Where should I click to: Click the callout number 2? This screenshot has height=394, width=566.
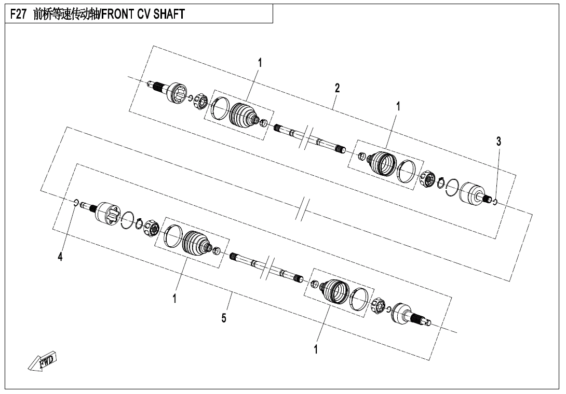click(x=337, y=88)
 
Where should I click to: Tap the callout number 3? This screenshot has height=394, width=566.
click(x=498, y=141)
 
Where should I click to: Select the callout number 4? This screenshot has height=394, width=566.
click(x=60, y=256)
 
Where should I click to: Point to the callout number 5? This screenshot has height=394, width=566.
click(x=224, y=318)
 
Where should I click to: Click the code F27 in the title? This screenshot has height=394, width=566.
click(x=19, y=15)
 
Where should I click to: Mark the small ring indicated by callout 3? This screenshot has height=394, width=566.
click(x=494, y=201)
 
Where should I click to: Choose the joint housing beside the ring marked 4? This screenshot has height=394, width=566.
click(x=107, y=213)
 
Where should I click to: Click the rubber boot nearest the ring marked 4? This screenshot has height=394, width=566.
click(x=196, y=242)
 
